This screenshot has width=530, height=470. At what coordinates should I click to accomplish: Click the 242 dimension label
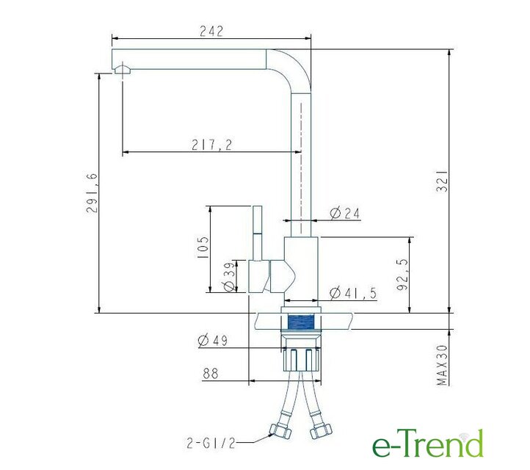211,31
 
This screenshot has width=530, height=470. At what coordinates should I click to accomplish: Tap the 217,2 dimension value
212,145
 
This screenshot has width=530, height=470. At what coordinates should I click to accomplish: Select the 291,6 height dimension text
92,193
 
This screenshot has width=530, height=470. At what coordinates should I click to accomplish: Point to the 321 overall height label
442,181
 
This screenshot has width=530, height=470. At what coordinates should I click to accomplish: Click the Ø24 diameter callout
345,214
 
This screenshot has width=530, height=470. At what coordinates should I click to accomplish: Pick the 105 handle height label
203,247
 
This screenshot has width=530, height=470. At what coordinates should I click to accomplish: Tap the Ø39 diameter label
230,277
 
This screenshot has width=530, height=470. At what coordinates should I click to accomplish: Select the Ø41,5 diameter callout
353,293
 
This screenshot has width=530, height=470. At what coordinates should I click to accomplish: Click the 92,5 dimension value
402,274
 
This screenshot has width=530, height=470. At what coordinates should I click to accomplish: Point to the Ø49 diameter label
213,340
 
